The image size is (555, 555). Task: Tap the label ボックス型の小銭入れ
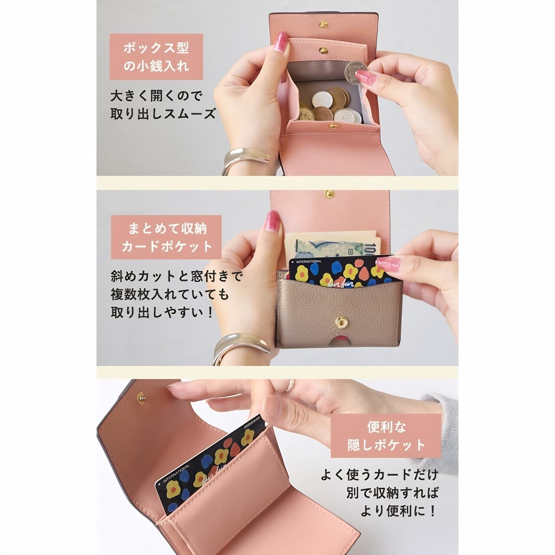(x=156, y=56)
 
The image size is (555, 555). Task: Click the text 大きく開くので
(x=156, y=96)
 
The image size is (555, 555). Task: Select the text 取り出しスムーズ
(x=163, y=114)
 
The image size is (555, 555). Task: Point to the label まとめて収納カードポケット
(x=166, y=237)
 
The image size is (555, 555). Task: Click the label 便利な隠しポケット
(x=386, y=436)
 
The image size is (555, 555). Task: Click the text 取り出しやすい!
(x=162, y=312)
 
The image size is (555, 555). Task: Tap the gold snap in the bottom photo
(x=141, y=398)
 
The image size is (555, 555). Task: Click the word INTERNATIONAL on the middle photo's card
(x=309, y=261)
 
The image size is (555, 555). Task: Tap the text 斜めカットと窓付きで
(x=177, y=277)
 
